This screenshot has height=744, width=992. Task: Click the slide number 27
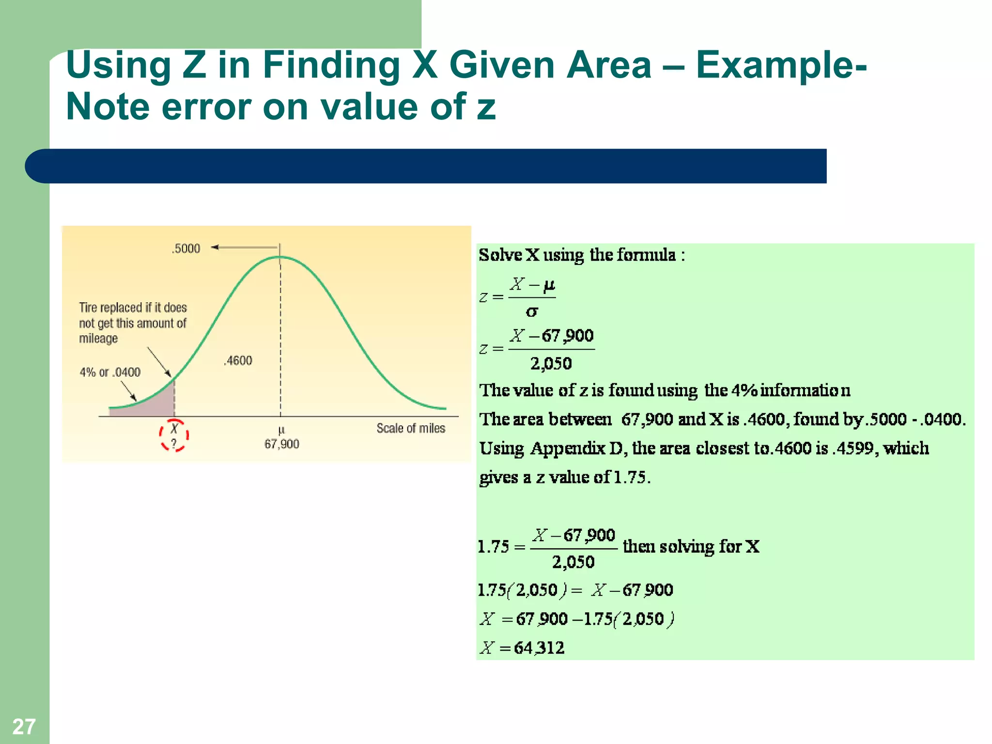point(24,726)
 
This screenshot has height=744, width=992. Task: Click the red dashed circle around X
point(174,435)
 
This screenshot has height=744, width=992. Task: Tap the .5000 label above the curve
point(186,248)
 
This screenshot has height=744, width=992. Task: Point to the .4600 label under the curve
point(238,360)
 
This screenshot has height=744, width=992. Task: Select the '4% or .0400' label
point(110,372)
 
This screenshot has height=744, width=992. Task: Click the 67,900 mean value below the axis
point(281,444)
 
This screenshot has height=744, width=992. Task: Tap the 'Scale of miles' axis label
point(411,428)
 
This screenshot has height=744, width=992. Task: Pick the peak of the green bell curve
point(280,257)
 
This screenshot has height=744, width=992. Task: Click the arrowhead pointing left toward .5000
point(215,248)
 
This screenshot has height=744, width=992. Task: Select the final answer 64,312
point(539,648)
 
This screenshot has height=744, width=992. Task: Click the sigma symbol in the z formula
point(531,312)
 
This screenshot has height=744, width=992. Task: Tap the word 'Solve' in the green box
point(500,255)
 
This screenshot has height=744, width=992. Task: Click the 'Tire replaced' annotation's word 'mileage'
point(98,338)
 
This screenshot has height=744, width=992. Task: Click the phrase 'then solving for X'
point(691,546)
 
